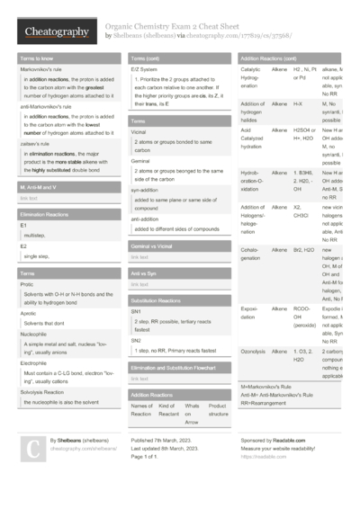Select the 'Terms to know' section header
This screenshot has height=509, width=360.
pos(37,58)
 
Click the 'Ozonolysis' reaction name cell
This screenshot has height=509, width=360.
pos(255,351)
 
